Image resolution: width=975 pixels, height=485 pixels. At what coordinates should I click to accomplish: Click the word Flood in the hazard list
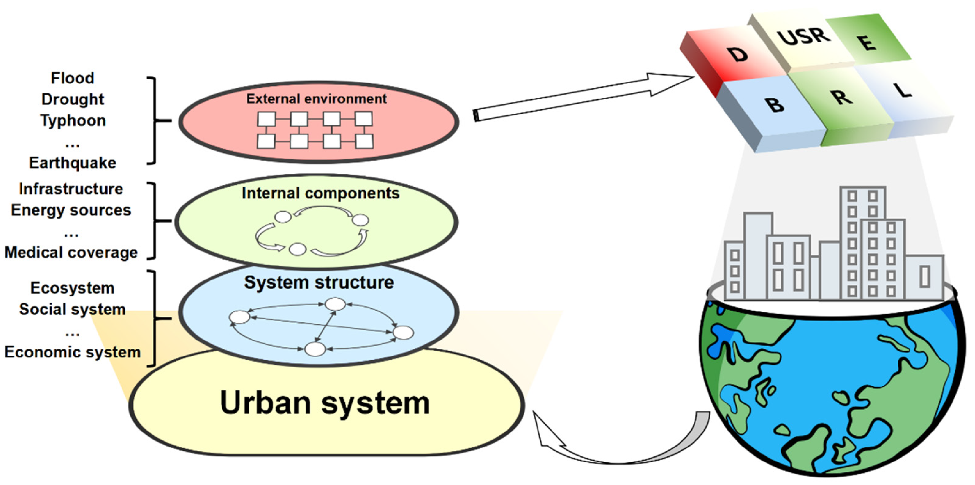coord(73,78)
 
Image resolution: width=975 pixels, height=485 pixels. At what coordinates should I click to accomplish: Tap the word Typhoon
coord(73,120)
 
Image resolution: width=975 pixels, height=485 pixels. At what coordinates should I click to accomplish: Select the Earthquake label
coord(73,163)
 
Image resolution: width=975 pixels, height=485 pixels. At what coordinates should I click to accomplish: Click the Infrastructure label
coord(71,189)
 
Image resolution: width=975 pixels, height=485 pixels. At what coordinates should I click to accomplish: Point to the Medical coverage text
coord(71,252)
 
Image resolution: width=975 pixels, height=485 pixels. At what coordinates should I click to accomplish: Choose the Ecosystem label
coord(72,288)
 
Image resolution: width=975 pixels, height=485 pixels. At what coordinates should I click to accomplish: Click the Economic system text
coord(72,352)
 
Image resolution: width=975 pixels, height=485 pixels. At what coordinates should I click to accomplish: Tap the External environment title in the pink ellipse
coord(316,99)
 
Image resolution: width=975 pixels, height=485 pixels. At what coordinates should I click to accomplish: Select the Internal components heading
coord(321,193)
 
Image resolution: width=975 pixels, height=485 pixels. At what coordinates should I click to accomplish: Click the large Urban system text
coord(325,403)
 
